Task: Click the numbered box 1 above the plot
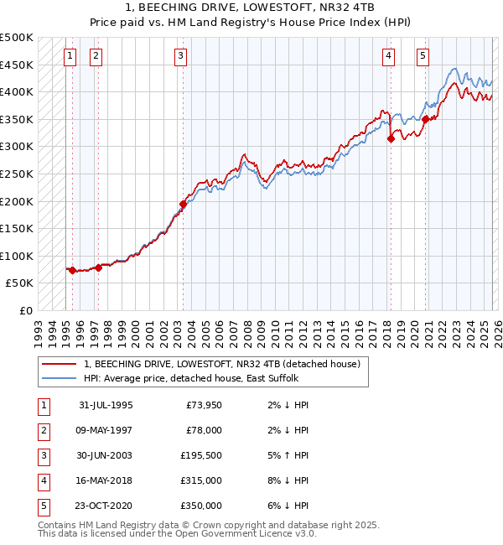click(69, 56)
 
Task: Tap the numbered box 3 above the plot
click(181, 56)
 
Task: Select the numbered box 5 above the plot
click(423, 56)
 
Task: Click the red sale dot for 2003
click(183, 204)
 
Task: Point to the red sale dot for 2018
click(391, 139)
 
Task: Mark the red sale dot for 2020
click(425, 119)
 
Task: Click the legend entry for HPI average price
click(189, 379)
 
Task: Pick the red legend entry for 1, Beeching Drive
click(221, 364)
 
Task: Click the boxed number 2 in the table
click(43, 430)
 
